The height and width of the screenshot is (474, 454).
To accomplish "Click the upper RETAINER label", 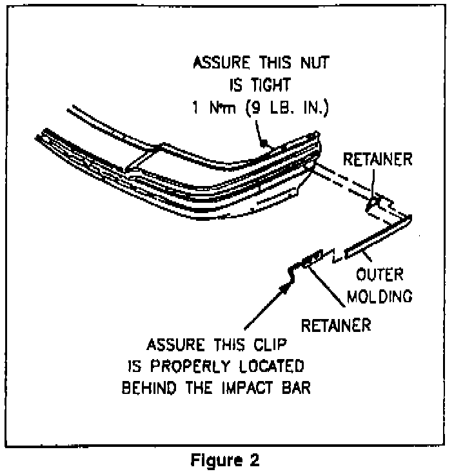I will [377, 160].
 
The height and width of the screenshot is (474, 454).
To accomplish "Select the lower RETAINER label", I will [336, 325].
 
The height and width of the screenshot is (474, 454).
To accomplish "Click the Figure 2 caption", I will [226, 461].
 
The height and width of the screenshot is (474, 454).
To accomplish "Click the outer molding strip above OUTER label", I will [374, 239].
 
